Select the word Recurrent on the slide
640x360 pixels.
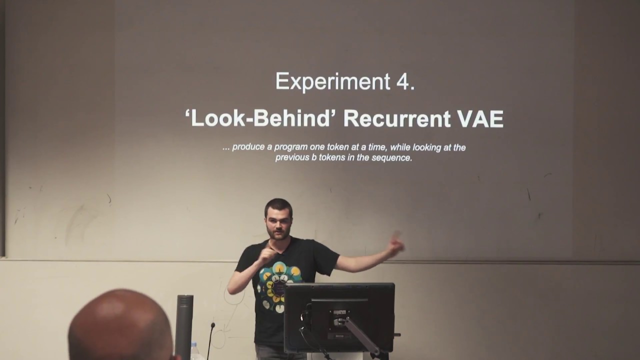(x=397, y=119)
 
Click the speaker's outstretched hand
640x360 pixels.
(x=396, y=245)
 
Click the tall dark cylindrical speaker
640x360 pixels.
(x=184, y=325)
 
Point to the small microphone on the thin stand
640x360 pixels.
(x=212, y=326)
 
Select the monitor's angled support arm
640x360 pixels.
(x=362, y=335)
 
